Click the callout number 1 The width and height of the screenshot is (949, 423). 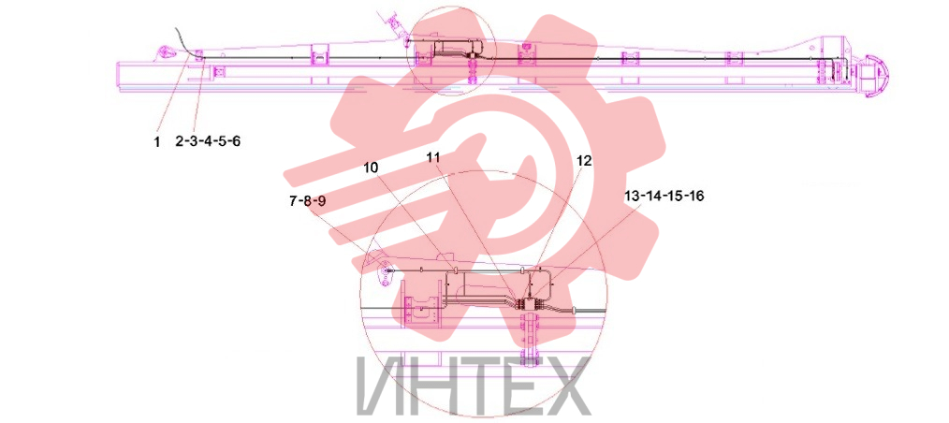[x=156, y=143]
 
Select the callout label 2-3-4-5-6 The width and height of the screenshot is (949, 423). [x=208, y=141]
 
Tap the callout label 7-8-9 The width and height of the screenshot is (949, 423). [x=308, y=201]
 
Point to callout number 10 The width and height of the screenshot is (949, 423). [x=373, y=168]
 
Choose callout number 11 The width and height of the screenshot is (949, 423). [x=432, y=157]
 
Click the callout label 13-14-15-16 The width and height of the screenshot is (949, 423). [x=664, y=197]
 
